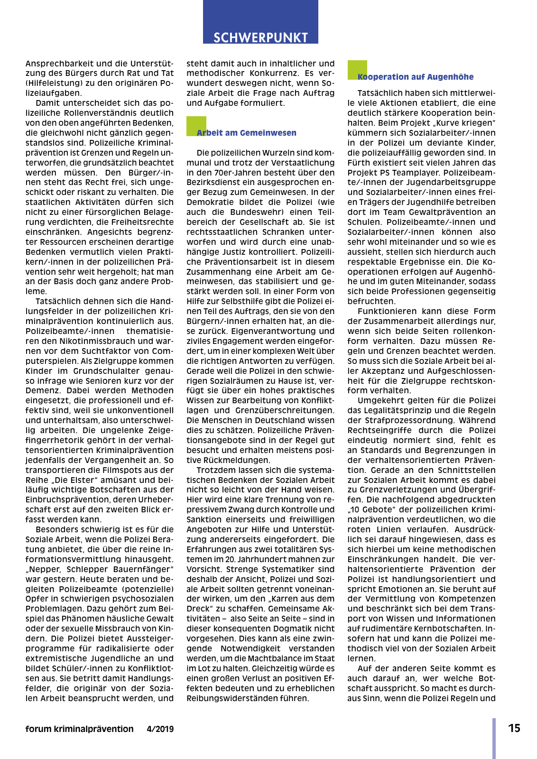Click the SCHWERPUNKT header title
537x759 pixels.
pos(260,37)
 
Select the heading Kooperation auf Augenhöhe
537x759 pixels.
pos(416,77)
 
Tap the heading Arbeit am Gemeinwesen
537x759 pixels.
pos(247,133)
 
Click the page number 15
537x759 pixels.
pos(514,728)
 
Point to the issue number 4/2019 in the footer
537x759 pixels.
pos(160,729)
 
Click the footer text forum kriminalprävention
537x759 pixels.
pos(80,729)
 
